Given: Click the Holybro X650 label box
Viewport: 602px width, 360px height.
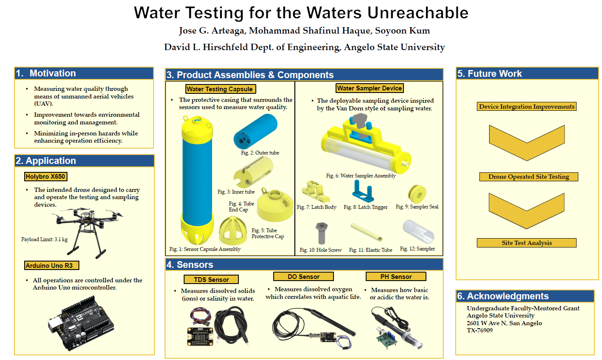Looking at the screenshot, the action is point(46,177).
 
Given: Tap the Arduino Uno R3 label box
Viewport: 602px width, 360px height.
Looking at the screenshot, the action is point(52,265).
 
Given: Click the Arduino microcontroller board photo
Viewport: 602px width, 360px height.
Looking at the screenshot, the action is point(81,323).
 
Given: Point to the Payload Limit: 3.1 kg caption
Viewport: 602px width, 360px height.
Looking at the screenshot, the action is point(45,239).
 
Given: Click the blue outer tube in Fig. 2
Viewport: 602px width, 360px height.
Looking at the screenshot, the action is point(255,132).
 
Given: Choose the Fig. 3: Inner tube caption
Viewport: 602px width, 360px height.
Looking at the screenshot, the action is point(236,192).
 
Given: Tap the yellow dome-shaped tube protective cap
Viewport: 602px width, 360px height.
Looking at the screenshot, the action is point(233,231).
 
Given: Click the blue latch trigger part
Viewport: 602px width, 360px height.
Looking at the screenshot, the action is point(363,191).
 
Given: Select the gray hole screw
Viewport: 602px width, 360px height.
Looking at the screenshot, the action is point(322,233).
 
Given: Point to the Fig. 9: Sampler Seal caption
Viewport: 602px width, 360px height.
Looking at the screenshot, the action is point(417,206).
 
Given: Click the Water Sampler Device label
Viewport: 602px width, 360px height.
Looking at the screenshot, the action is point(370,88).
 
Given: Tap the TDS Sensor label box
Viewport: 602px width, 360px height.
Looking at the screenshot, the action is point(211,279).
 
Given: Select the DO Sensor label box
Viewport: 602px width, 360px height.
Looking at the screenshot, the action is point(303,276).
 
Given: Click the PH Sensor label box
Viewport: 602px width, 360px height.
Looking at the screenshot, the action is point(396,276).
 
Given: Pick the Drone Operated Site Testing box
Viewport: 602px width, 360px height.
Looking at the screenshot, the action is point(529,177).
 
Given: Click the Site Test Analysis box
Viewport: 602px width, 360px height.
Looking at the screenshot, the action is point(526,243).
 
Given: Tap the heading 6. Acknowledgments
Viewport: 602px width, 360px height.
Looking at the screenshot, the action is point(503,296).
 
